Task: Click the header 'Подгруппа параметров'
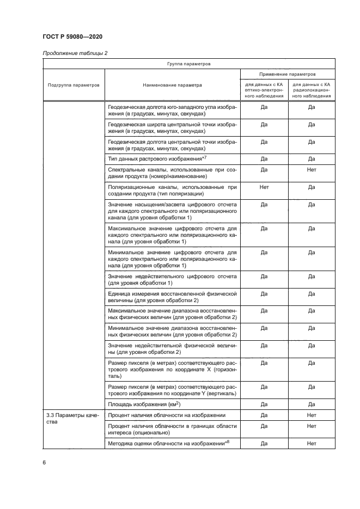[74, 85]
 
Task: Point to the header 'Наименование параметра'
[173, 85]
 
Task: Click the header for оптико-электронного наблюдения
[264, 90]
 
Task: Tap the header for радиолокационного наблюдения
[312, 90]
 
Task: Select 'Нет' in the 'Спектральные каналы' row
[312, 170]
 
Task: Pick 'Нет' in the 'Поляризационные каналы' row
[264, 187]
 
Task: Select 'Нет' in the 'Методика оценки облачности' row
[312, 444]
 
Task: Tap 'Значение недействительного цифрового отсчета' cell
[172, 280]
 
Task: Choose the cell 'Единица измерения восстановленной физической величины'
[172, 297]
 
